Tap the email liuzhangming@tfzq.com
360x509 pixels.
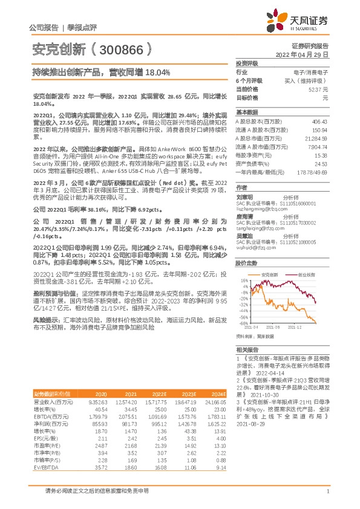point(257,207)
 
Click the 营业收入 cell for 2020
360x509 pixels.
point(97,401)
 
